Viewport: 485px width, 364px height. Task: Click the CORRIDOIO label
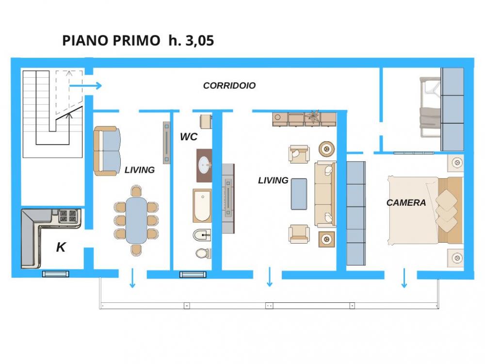229,85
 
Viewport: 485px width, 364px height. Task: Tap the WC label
188,137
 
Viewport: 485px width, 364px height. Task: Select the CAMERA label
406,202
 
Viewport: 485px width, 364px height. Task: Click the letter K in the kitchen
61,248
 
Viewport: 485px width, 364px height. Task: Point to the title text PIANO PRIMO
112,41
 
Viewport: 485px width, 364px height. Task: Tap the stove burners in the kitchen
68,215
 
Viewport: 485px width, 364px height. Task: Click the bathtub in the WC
202,205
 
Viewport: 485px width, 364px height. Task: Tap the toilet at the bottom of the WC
203,252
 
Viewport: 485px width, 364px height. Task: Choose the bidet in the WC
203,235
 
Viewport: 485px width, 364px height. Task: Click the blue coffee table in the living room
299,194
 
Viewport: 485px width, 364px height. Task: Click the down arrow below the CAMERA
404,279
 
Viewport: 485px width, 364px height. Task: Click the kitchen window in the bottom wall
56,274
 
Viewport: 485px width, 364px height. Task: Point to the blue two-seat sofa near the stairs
107,151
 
